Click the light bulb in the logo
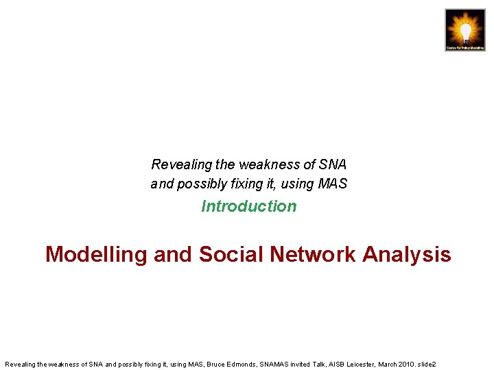point(465,29)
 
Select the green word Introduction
point(249,206)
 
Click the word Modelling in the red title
point(96,255)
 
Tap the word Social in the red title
point(231,255)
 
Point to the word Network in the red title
point(313,255)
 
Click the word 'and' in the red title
point(173,255)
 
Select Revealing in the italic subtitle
point(172,164)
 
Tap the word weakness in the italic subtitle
point(268,164)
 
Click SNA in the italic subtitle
point(333,164)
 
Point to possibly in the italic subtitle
point(201,184)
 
